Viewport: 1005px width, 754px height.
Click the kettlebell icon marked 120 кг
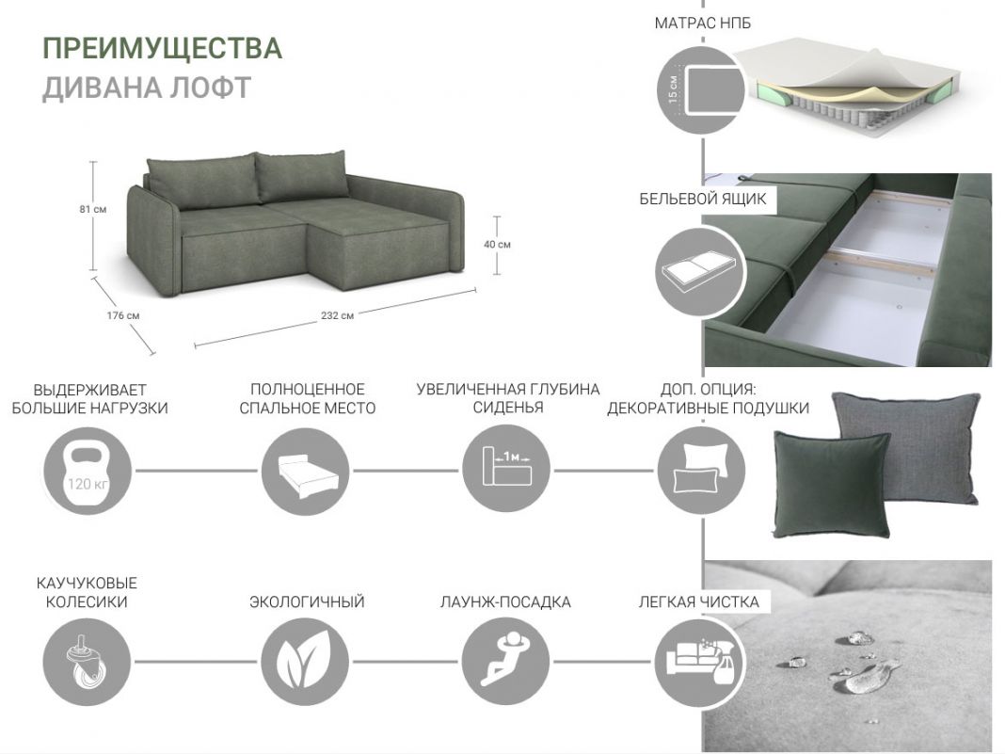click(x=88, y=472)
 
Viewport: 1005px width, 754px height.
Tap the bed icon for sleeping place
click(x=306, y=472)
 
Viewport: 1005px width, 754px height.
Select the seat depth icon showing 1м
click(x=506, y=470)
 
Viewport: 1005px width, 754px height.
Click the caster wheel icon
click(x=88, y=661)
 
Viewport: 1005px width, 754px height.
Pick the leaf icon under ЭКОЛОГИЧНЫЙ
click(x=305, y=661)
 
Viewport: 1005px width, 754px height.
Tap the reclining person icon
click(x=505, y=661)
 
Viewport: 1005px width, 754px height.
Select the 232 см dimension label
click(x=337, y=315)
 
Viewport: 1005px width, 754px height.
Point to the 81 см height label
click(x=93, y=209)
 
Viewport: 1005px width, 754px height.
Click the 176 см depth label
click(x=123, y=315)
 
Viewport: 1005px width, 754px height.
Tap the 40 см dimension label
click(x=498, y=245)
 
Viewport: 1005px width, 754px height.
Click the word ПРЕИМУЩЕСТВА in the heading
click(x=162, y=49)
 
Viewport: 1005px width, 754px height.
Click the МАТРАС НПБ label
click(x=703, y=24)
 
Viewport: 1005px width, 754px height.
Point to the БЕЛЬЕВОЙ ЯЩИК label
click(x=703, y=199)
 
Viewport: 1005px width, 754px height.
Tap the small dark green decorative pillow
click(x=831, y=485)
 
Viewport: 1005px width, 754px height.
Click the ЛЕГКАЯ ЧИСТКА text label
click(x=698, y=602)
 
